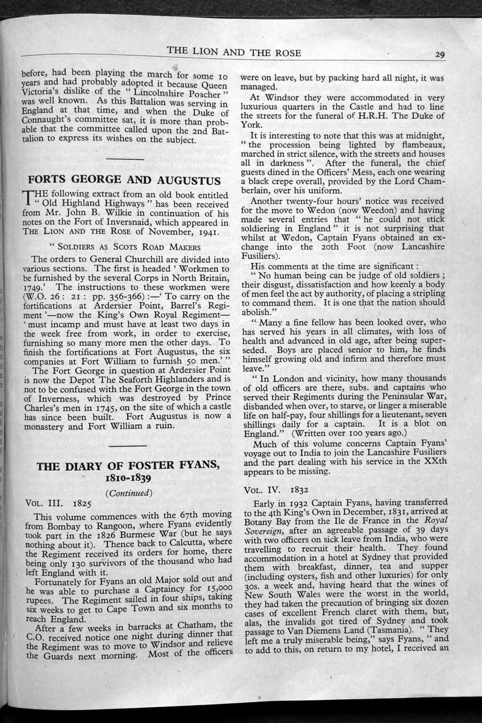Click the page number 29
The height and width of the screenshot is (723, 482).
439,54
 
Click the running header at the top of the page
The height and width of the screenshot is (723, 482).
234,52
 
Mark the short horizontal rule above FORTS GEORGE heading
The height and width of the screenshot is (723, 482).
124,159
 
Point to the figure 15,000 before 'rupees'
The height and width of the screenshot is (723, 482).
215,587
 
